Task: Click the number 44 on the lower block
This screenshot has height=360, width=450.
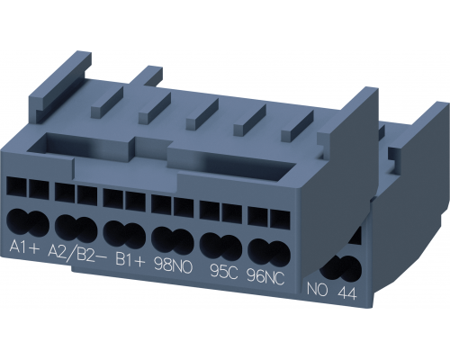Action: [347, 292]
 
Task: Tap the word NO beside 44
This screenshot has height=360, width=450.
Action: [318, 291]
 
